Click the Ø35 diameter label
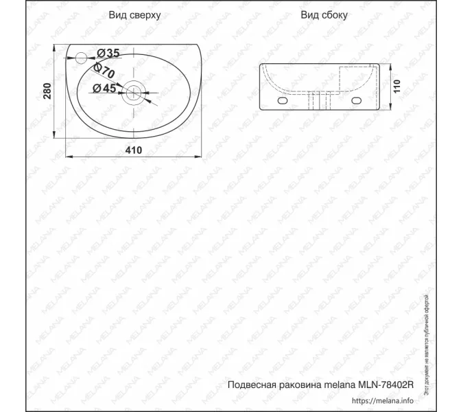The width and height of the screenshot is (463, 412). (108, 54)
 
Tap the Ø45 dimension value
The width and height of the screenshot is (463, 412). (103, 88)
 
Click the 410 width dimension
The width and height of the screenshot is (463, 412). (133, 150)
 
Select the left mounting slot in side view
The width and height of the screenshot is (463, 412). (283, 101)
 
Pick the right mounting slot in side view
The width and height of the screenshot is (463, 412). (356, 101)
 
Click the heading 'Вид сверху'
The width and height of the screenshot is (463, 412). (134, 15)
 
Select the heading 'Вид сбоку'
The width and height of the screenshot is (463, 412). (324, 15)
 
